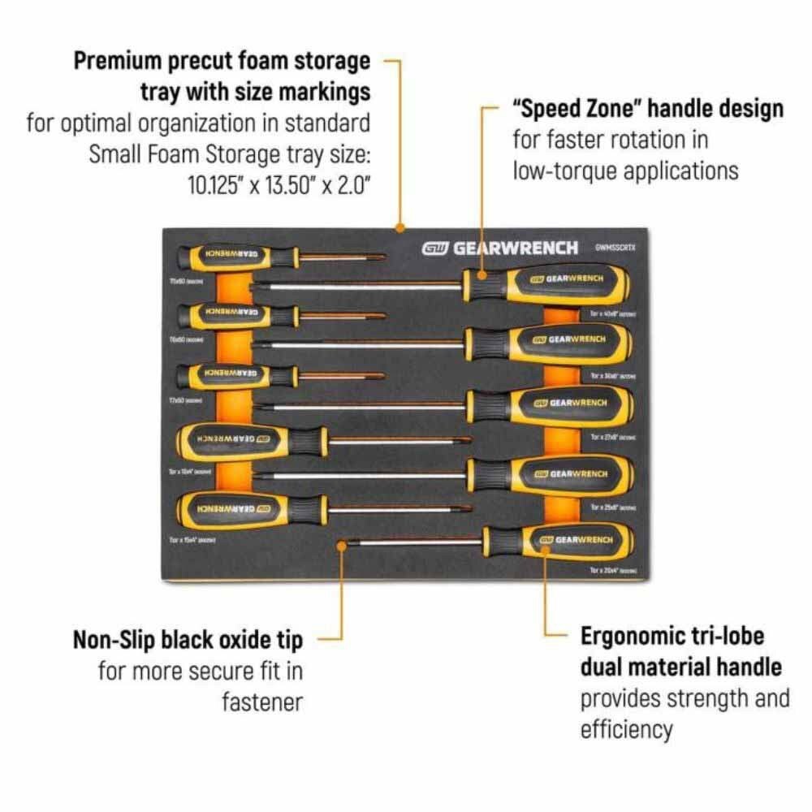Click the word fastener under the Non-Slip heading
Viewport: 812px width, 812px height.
pyautogui.click(x=262, y=702)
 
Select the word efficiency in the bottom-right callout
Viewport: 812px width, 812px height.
pyautogui.click(x=626, y=729)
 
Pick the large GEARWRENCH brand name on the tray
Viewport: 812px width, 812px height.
pyautogui.click(x=515, y=248)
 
